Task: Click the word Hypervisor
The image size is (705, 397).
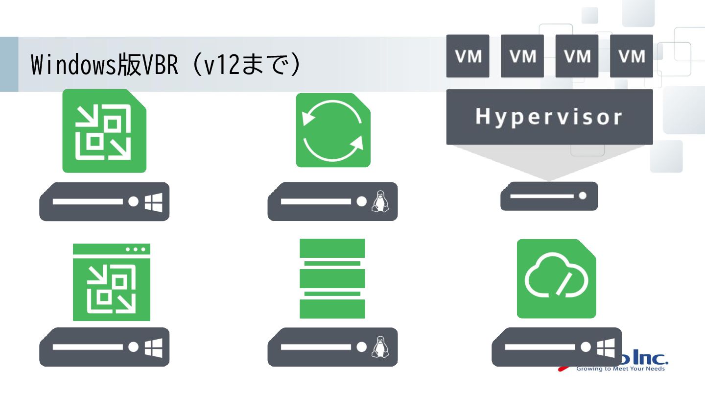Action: (x=549, y=117)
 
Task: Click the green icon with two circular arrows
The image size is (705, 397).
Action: (x=333, y=130)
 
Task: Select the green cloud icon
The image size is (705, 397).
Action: (x=556, y=278)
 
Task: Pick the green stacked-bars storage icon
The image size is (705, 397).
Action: (x=332, y=278)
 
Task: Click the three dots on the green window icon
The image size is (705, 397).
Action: (x=136, y=249)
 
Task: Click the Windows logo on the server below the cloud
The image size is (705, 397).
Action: (x=606, y=347)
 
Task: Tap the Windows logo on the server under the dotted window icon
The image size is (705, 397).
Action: (x=153, y=347)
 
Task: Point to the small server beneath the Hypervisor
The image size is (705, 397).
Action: (x=549, y=196)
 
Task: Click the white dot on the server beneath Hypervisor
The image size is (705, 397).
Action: (x=582, y=196)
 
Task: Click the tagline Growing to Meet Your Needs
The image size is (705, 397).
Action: (x=620, y=369)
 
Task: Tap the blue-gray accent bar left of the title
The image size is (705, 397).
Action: (x=9, y=64)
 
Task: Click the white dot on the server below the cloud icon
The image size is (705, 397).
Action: (x=586, y=347)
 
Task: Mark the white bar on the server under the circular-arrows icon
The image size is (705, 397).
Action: (x=316, y=201)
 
